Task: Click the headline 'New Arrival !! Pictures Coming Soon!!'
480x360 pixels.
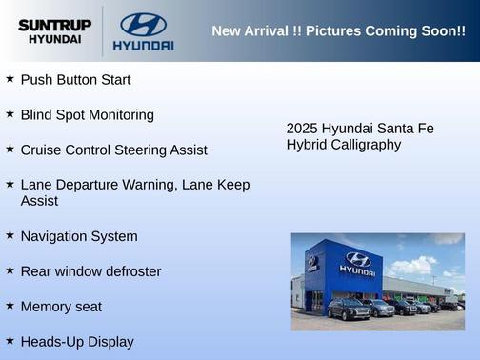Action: (338, 31)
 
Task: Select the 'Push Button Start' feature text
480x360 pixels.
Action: (75, 80)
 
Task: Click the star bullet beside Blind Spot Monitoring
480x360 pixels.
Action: (10, 113)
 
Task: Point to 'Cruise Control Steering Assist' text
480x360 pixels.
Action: (113, 150)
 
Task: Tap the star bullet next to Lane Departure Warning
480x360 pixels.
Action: (10, 183)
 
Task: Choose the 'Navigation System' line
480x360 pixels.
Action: (79, 236)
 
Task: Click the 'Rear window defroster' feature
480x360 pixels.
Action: (90, 271)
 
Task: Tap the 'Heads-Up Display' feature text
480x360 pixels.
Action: (77, 342)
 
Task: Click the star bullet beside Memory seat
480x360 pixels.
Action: (10, 305)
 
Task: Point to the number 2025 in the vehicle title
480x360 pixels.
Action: (302, 129)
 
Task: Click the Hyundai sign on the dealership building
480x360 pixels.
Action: (357, 264)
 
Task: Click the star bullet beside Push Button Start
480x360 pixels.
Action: (10, 78)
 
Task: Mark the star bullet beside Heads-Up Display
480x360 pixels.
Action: (10, 340)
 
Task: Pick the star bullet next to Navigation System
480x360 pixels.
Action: (10, 234)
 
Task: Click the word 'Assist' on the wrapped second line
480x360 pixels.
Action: (39, 201)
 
